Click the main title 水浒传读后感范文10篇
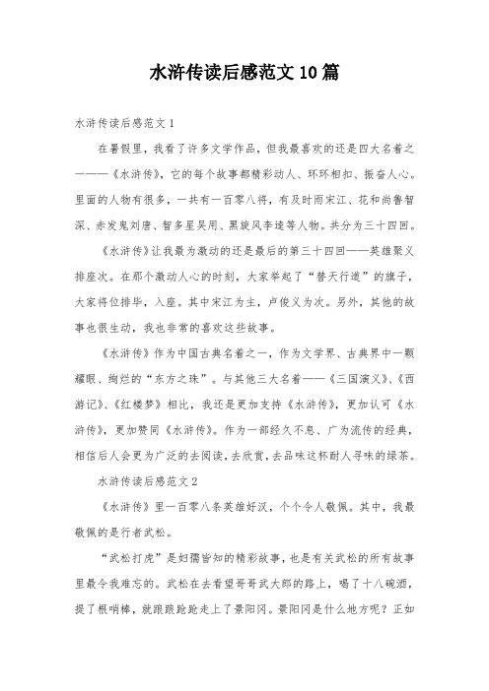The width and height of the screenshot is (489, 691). click(x=244, y=73)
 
